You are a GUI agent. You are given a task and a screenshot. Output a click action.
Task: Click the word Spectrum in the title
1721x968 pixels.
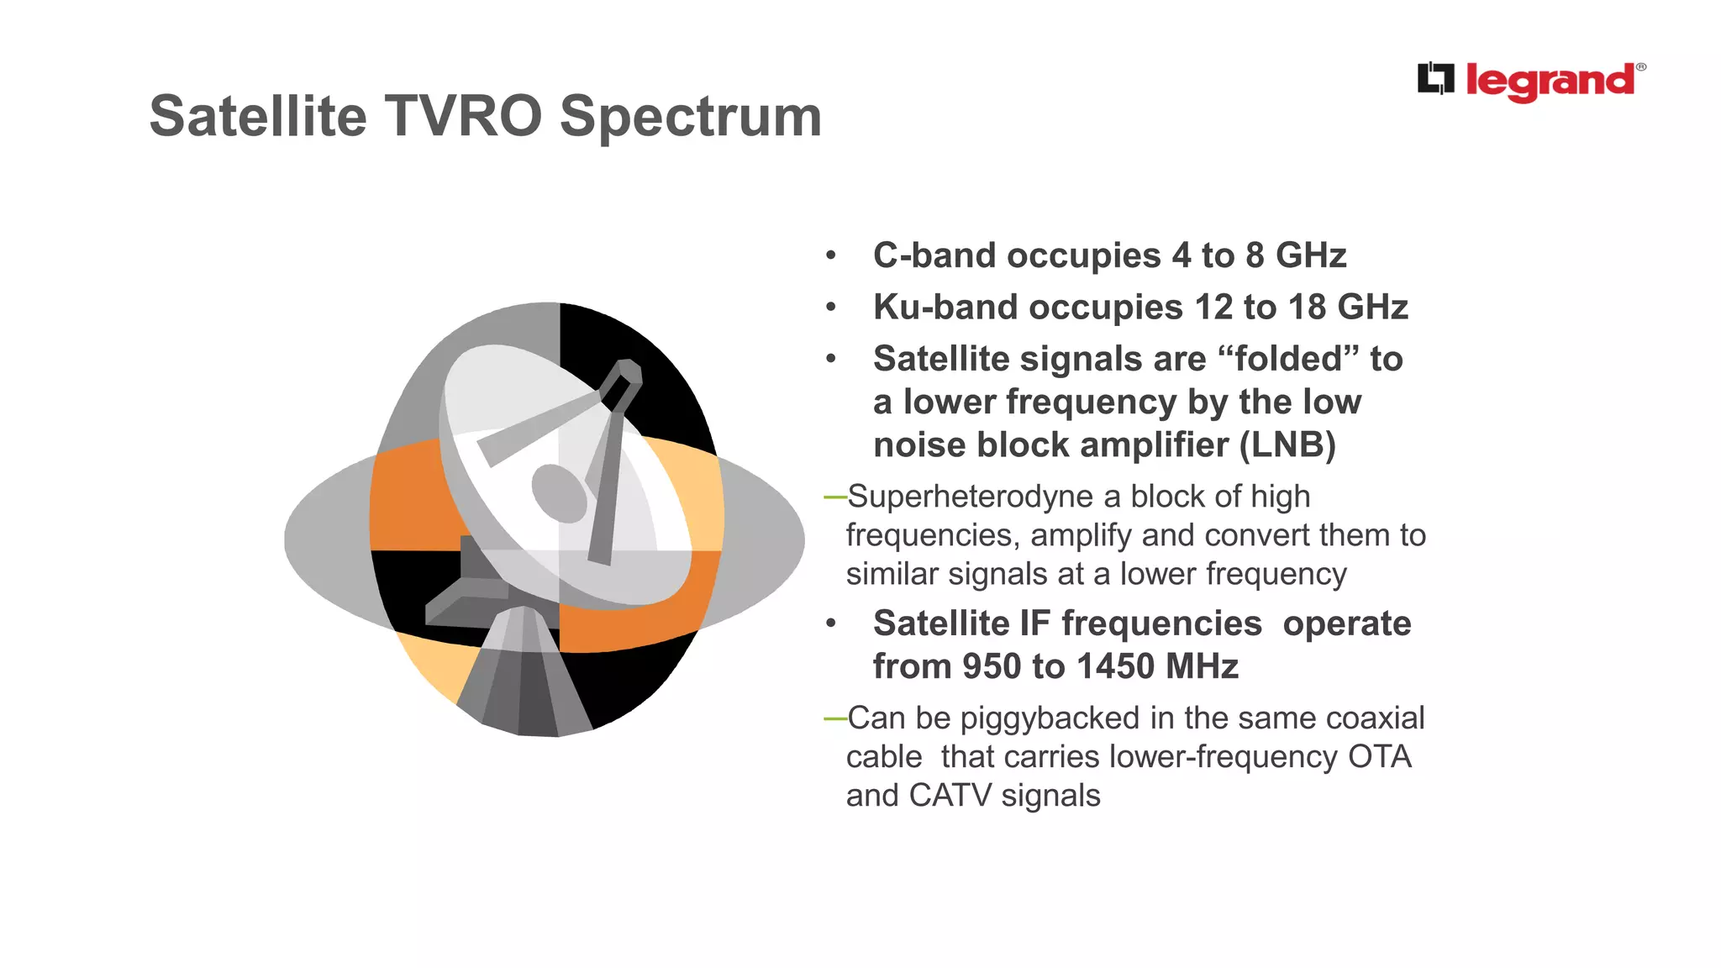pyautogui.click(x=690, y=118)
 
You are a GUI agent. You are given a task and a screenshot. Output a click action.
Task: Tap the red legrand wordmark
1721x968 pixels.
pyautogui.click(x=1550, y=82)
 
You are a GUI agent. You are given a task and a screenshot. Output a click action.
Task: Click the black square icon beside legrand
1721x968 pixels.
pyautogui.click(x=1435, y=78)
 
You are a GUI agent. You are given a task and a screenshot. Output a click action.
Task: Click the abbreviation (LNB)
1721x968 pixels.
pyautogui.click(x=1287, y=445)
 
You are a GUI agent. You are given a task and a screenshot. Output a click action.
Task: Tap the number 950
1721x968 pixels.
pyautogui.click(x=992, y=666)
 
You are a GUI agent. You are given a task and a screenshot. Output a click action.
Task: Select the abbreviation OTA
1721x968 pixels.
pyautogui.click(x=1379, y=757)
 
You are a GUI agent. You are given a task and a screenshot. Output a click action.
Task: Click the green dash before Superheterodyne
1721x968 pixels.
pyautogui.click(x=834, y=497)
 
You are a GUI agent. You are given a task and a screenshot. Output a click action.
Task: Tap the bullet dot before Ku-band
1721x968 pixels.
pyautogui.click(x=830, y=308)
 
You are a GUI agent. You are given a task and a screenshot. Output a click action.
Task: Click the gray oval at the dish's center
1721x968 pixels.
pyautogui.click(x=559, y=493)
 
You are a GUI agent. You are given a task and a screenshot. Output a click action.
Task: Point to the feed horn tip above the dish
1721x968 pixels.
pyautogui.click(x=630, y=371)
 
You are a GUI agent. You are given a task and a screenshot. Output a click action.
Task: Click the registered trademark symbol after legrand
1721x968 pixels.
pyautogui.click(x=1640, y=67)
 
